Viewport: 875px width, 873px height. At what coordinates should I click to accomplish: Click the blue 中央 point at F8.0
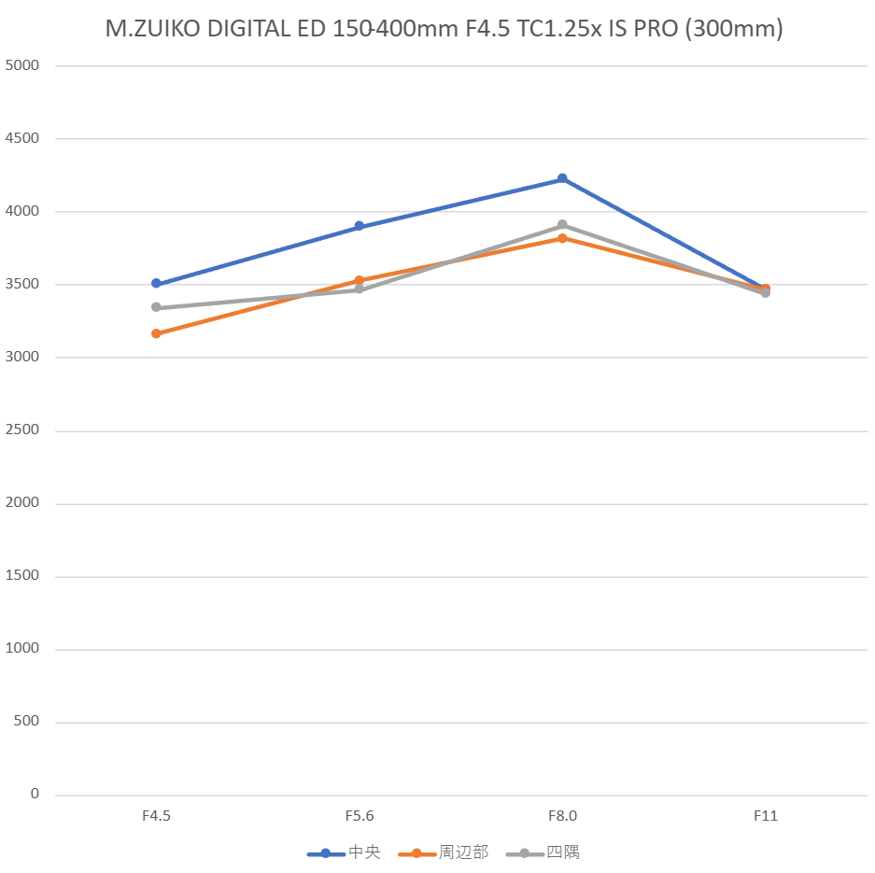[562, 178]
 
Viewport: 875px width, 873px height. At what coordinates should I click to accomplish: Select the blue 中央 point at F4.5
[156, 283]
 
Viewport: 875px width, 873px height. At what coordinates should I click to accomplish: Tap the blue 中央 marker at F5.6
[359, 226]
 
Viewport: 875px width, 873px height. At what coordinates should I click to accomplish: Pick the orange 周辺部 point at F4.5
[156, 333]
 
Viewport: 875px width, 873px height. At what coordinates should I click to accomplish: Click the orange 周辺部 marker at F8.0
[562, 238]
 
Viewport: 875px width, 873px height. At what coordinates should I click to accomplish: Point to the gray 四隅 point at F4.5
[156, 307]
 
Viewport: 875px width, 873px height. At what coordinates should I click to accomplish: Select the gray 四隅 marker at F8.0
[562, 225]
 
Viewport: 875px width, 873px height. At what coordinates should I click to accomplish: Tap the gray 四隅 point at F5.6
[359, 289]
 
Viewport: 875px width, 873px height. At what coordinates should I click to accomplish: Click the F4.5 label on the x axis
[156, 815]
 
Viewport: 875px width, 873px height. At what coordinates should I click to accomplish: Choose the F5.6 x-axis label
[359, 815]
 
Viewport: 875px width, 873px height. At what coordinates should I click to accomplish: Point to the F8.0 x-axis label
[562, 815]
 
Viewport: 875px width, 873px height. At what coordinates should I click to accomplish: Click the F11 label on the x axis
[766, 815]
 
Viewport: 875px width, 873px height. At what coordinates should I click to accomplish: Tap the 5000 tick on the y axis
[21, 65]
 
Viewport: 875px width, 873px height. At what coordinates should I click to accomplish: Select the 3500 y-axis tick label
[21, 284]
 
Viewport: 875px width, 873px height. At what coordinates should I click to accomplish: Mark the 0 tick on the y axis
[35, 795]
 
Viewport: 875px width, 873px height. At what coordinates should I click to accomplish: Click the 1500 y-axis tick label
[21, 575]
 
